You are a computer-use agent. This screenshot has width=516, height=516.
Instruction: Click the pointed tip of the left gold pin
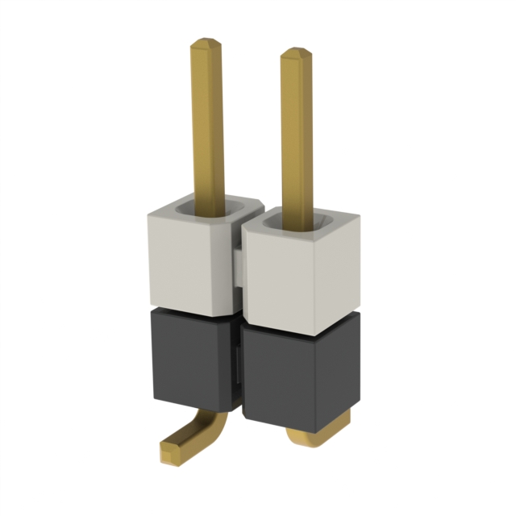[x=207, y=40]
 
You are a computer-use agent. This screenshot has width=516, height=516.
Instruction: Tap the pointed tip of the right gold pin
[x=295, y=51]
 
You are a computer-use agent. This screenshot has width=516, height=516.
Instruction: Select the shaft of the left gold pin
[x=207, y=121]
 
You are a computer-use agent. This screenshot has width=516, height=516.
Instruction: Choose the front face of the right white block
[x=278, y=278]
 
